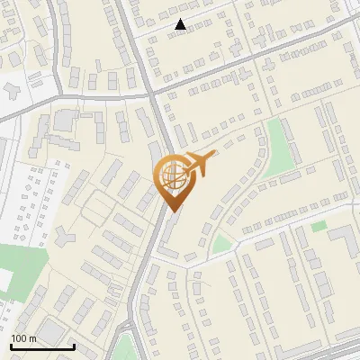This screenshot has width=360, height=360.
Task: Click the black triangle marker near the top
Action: (x=181, y=25)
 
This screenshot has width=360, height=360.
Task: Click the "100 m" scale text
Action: (x=23, y=338)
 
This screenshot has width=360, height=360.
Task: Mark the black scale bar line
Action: (x=42, y=346)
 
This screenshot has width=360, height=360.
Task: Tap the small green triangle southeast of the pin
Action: (x=220, y=243)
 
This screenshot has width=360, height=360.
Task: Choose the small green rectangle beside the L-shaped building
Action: (x=319, y=226)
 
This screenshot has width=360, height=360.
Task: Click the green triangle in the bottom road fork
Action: (x=126, y=346)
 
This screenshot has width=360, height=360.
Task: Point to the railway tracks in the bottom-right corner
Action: (x=333, y=351)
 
